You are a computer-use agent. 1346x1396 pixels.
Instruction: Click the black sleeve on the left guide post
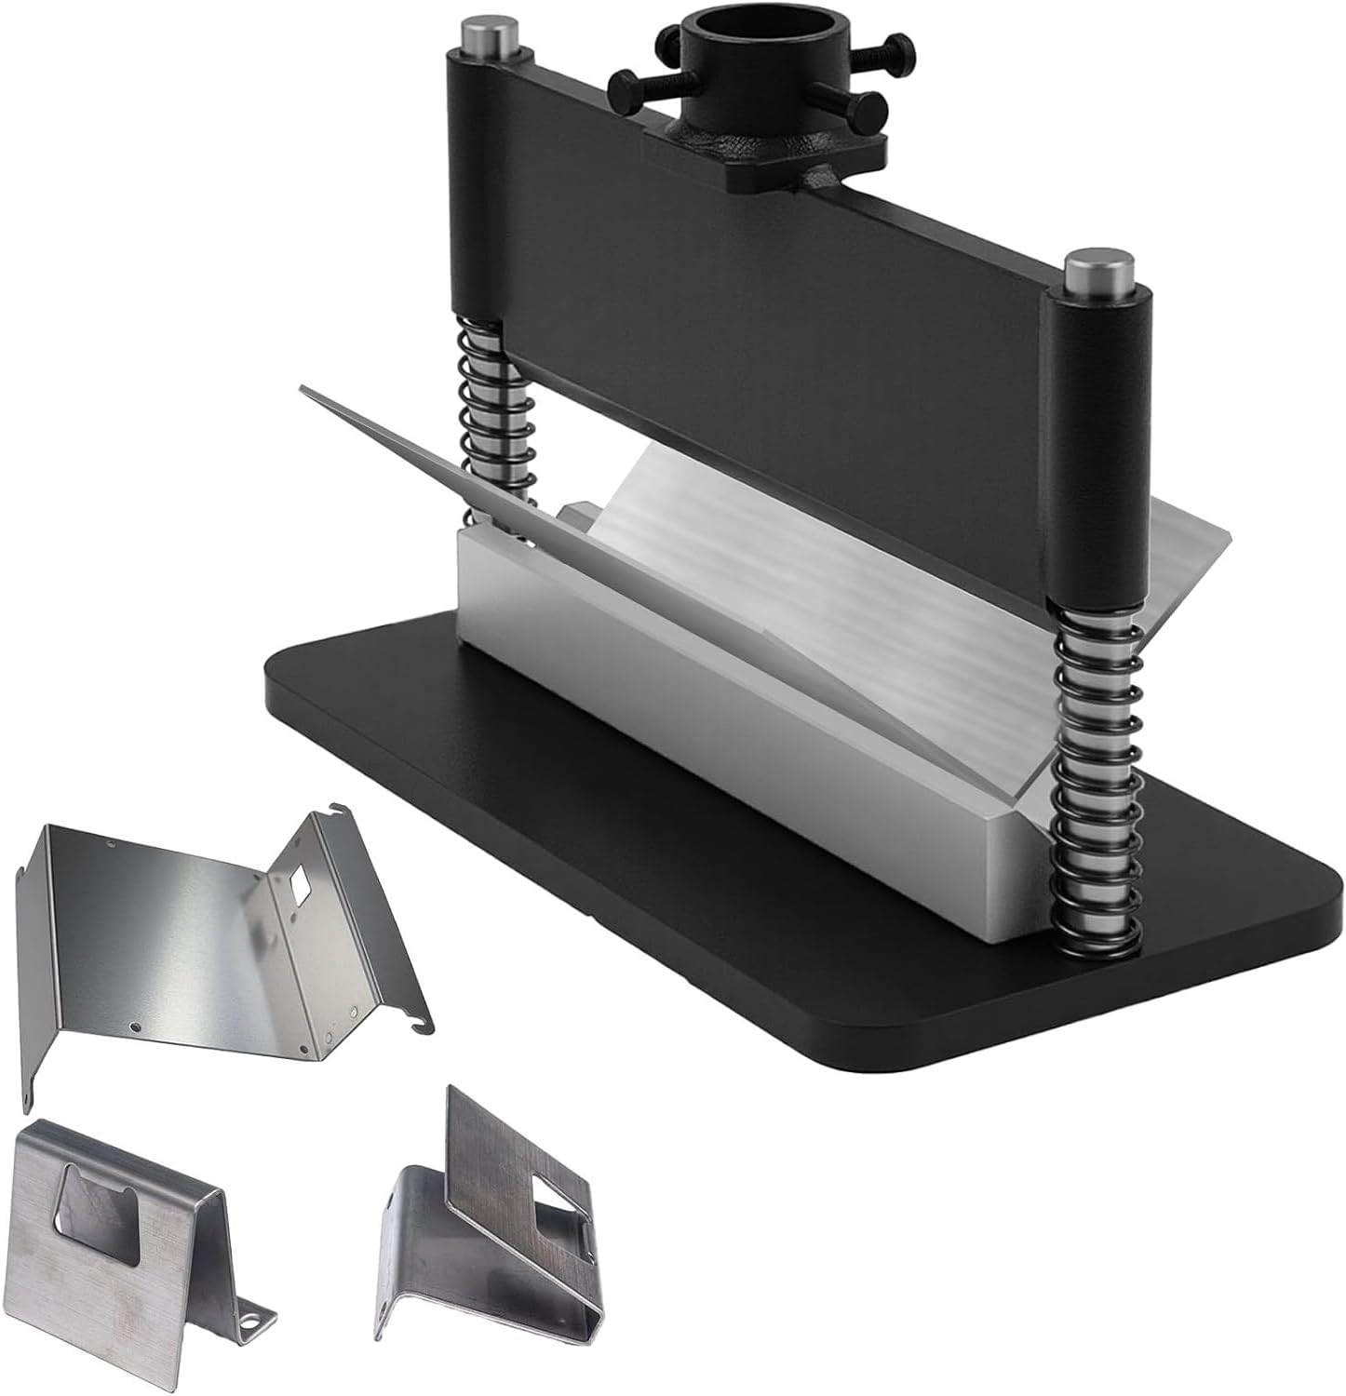coord(479,186)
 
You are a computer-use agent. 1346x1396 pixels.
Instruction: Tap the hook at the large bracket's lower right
coord(420,1025)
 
